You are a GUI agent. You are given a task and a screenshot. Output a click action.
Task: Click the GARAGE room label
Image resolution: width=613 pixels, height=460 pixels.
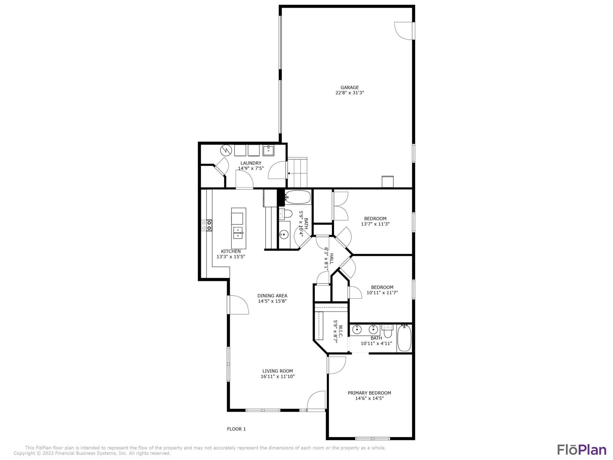tap(349, 87)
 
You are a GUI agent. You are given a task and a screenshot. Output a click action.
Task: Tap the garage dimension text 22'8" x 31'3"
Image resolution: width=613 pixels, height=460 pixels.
tap(349, 93)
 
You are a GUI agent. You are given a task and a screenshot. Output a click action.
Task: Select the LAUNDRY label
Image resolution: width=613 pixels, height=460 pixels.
tap(251, 163)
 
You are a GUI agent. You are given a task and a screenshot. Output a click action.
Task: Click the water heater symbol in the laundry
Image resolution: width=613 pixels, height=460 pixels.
tap(226, 150)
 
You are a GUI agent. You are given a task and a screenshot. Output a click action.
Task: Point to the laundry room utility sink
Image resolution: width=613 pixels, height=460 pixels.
tap(268, 150)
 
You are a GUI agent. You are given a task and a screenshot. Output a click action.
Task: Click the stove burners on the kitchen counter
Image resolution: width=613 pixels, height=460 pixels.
tap(207, 225)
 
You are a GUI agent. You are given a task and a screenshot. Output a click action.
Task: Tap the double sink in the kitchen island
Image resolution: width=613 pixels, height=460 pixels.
tap(238, 233)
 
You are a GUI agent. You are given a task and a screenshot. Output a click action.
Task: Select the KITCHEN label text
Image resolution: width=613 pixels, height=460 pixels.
tap(231, 251)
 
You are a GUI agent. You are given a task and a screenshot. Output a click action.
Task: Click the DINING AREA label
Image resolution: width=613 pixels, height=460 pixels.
tap(272, 296)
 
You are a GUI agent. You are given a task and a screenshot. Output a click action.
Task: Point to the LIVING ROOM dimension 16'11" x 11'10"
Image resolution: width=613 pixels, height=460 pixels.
tap(278, 376)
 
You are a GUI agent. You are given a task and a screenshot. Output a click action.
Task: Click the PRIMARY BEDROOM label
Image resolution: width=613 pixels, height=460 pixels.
tap(369, 393)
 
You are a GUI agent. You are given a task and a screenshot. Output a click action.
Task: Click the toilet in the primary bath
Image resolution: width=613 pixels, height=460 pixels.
tap(388, 332)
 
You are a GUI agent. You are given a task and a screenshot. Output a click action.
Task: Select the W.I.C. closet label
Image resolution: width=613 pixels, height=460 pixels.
tap(341, 331)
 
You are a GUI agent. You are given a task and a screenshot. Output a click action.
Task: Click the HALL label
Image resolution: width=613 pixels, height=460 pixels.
tap(331, 259)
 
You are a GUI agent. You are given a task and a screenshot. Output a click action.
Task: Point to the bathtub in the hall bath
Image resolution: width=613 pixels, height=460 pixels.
tap(298, 197)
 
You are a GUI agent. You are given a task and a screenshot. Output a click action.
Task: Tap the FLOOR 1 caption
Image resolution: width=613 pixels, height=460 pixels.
tap(236, 429)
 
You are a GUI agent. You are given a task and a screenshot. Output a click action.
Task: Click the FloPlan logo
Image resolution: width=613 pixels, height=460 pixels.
tap(582, 450)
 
